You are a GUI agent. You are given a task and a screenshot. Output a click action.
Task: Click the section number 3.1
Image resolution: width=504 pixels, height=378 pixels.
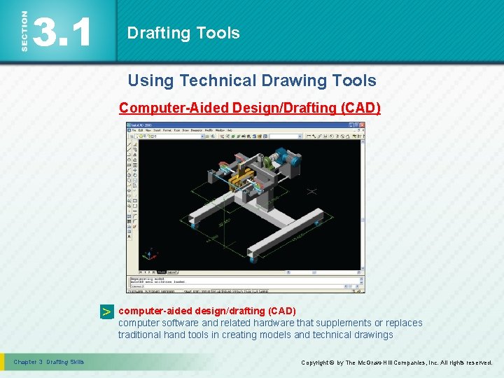[63, 31]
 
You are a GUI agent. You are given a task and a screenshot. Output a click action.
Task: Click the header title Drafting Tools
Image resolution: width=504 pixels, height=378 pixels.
[183, 33]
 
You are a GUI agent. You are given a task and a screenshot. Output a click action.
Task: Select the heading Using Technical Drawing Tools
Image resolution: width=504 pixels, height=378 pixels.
[251, 80]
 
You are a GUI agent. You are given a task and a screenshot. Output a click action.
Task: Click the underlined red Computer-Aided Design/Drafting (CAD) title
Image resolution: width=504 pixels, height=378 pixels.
[250, 108]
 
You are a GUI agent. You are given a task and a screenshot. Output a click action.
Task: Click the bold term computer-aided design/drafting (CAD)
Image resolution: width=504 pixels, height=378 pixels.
[207, 310]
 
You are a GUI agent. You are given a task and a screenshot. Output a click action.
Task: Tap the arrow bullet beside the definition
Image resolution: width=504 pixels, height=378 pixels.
[106, 312]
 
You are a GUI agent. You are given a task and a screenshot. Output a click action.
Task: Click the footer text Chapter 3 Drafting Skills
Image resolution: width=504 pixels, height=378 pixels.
[49, 362]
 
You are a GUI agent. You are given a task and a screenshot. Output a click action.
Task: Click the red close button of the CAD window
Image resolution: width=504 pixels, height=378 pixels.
[361, 126]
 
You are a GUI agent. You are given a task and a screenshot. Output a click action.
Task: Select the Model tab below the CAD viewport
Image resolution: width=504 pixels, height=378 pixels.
[162, 272]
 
